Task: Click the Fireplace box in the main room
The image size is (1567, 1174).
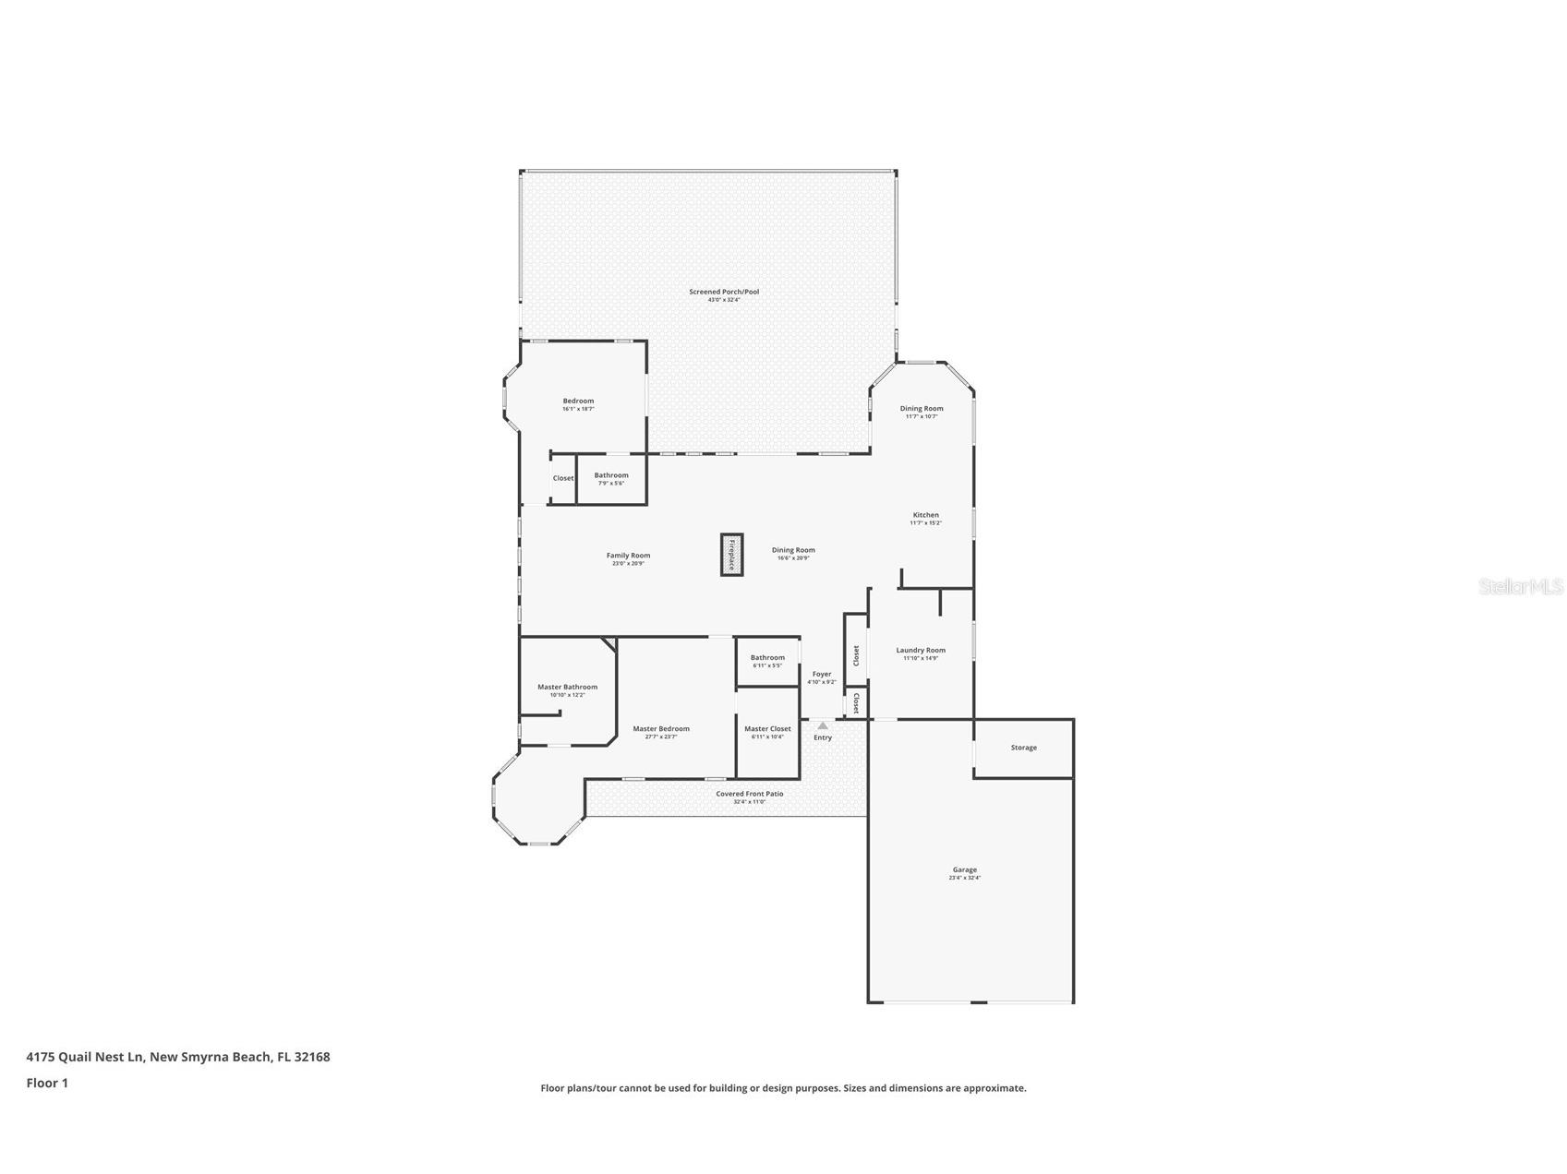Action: point(731,555)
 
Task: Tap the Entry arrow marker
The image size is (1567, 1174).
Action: point(823,726)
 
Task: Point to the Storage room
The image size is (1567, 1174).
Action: point(1023,748)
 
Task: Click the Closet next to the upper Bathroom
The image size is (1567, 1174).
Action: point(563,478)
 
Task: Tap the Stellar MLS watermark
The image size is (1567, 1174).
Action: point(1520,586)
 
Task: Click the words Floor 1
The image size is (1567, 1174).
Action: point(47,1084)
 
